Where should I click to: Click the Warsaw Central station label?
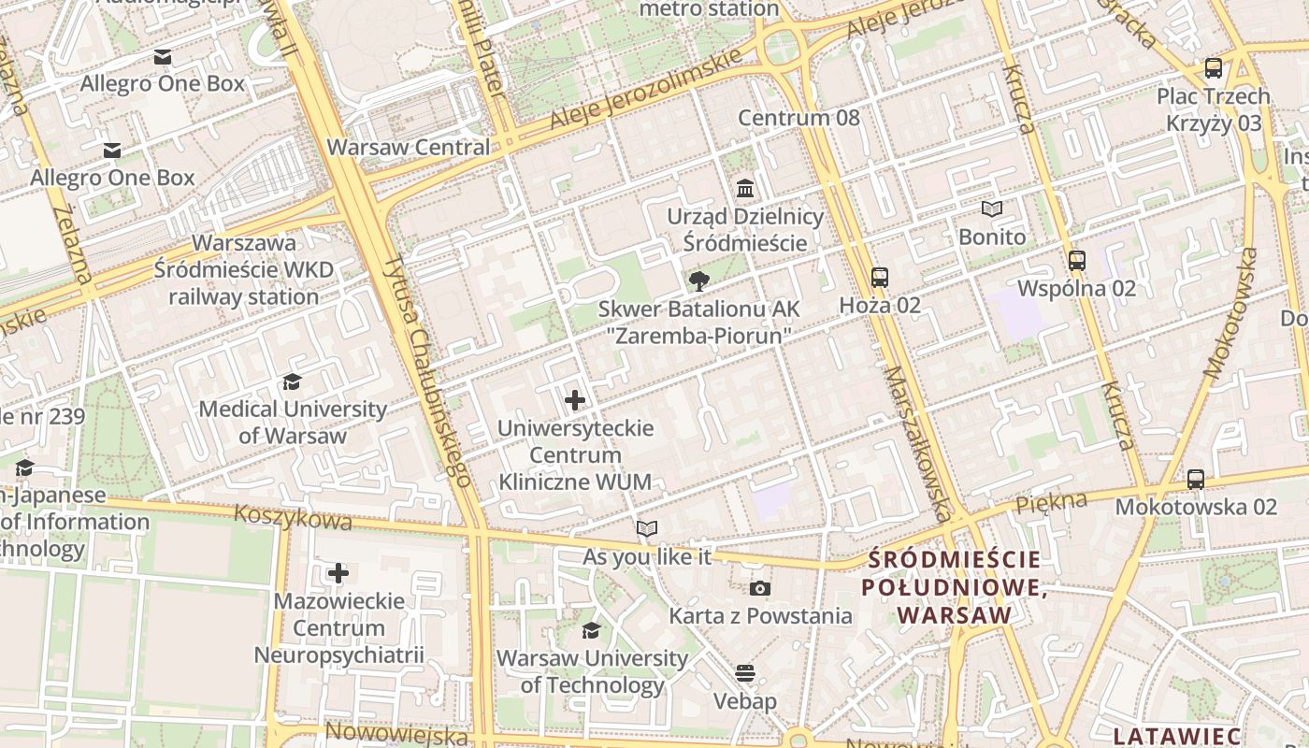(409, 147)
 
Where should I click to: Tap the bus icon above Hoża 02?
(879, 278)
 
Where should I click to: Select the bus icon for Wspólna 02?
(1076, 261)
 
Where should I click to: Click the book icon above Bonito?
(992, 209)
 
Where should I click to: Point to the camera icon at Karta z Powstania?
(760, 588)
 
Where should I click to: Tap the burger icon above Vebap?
(745, 673)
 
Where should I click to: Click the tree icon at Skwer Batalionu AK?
(698, 281)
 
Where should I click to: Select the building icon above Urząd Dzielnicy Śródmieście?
(745, 190)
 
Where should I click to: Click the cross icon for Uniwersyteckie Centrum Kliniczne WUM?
(575, 401)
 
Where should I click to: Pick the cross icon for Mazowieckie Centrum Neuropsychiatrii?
(338, 573)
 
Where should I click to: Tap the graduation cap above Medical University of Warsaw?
(293, 381)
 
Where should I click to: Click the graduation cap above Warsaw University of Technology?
(591, 630)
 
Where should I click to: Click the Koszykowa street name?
(293, 517)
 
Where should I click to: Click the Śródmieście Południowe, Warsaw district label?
(954, 587)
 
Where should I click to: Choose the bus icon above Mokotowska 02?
(1195, 480)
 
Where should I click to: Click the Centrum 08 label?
(798, 118)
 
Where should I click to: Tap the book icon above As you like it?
(647, 529)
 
